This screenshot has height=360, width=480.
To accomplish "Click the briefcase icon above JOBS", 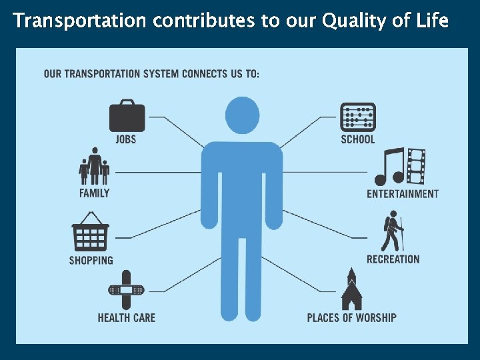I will click(x=127, y=116).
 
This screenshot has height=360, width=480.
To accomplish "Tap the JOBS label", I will click(x=126, y=139).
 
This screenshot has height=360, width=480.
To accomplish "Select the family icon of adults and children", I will click(x=94, y=166).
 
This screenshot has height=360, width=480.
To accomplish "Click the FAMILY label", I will click(x=94, y=193).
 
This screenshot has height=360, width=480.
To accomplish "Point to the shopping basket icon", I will click(x=91, y=231).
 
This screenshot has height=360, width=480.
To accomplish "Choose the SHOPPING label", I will click(x=91, y=260).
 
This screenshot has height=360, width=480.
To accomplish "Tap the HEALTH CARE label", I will click(x=127, y=317).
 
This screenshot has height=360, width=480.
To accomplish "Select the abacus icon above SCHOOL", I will click(x=358, y=117).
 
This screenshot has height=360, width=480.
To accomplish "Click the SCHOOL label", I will click(x=358, y=139).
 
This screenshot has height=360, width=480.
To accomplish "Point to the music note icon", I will click(x=389, y=167).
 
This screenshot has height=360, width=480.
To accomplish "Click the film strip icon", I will click(x=416, y=167).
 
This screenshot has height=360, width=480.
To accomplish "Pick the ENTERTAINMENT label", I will click(x=403, y=194).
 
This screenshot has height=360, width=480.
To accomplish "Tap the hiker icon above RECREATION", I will click(x=393, y=231).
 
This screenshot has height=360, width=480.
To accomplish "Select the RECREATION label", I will click(x=393, y=259).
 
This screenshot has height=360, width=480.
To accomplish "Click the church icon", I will click(x=351, y=289).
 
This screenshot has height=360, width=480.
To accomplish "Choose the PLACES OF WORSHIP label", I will click(x=351, y=317).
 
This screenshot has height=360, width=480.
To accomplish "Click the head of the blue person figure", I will click(x=242, y=115).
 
